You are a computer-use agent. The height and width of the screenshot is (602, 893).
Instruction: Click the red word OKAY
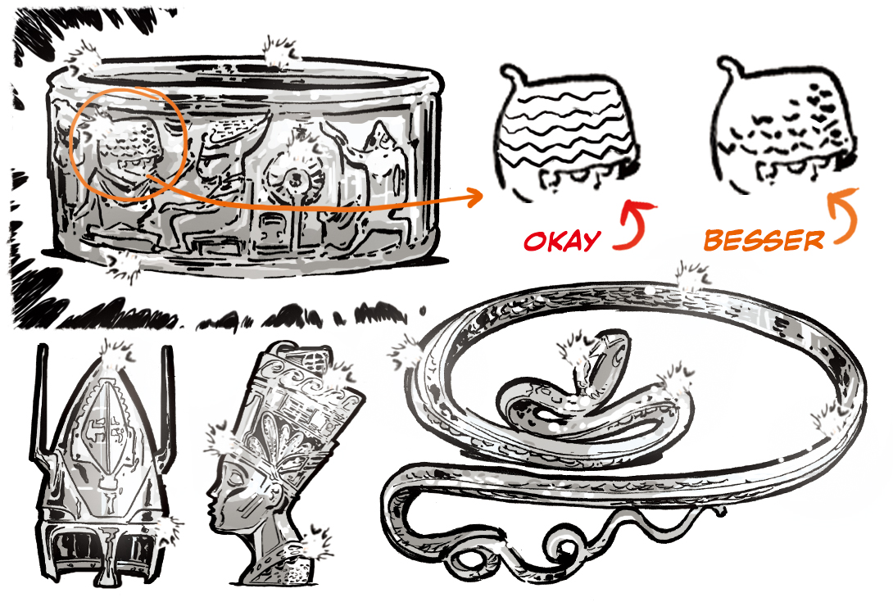[x=562, y=241]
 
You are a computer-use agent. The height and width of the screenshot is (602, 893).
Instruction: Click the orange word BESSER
[x=764, y=240]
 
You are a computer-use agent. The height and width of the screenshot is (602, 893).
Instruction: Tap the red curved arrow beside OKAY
[x=634, y=226]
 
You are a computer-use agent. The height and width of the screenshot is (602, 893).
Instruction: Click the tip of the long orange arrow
[x=483, y=197]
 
